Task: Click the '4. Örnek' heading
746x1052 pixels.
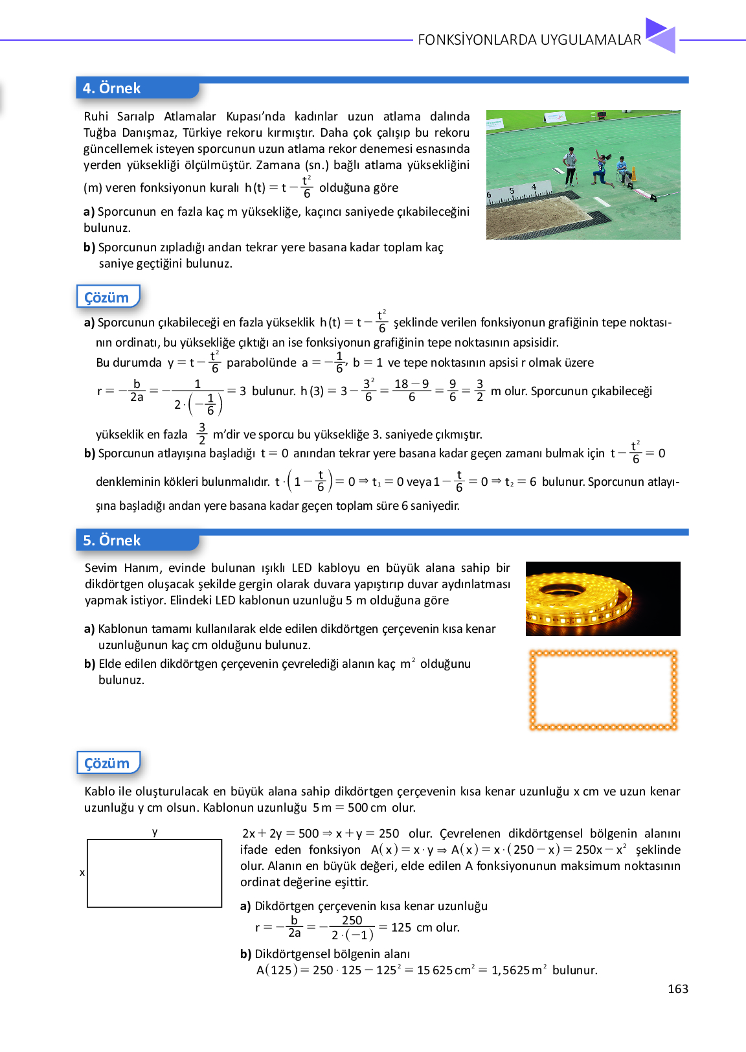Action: pos(112,88)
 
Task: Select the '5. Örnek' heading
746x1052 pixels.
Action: pos(112,540)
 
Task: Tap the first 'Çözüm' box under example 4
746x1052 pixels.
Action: pos(107,297)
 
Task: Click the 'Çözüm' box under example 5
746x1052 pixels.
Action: pos(107,763)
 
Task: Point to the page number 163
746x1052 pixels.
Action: pos(677,989)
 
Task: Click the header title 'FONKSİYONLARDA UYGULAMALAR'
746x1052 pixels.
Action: pos(529,40)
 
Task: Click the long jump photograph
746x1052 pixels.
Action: pos(583,175)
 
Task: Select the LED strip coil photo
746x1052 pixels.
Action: pos(602,599)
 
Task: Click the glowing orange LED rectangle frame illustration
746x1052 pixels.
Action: pos(603,691)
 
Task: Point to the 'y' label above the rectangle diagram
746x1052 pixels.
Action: pos(155,832)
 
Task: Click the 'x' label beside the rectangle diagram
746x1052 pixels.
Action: pos(82,873)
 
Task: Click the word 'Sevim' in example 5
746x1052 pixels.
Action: pos(101,568)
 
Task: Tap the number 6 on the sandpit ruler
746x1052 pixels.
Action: pos(490,194)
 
